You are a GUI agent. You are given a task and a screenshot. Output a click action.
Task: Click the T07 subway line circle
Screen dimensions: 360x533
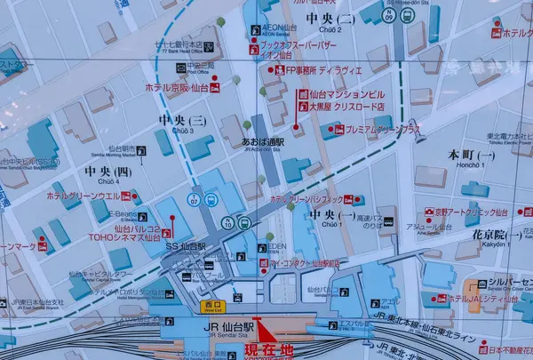[x=193, y=198]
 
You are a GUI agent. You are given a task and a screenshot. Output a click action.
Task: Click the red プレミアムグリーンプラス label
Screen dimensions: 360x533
[x=383, y=129]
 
